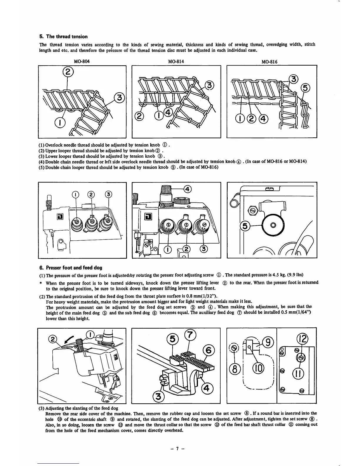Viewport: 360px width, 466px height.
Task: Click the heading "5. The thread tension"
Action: [64, 36]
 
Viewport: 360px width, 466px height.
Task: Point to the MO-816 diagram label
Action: [269, 62]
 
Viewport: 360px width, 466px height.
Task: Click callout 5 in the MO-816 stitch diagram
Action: [305, 88]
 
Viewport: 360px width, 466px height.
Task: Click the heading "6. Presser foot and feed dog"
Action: [71, 268]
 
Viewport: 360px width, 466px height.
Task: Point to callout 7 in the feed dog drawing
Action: [190, 335]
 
